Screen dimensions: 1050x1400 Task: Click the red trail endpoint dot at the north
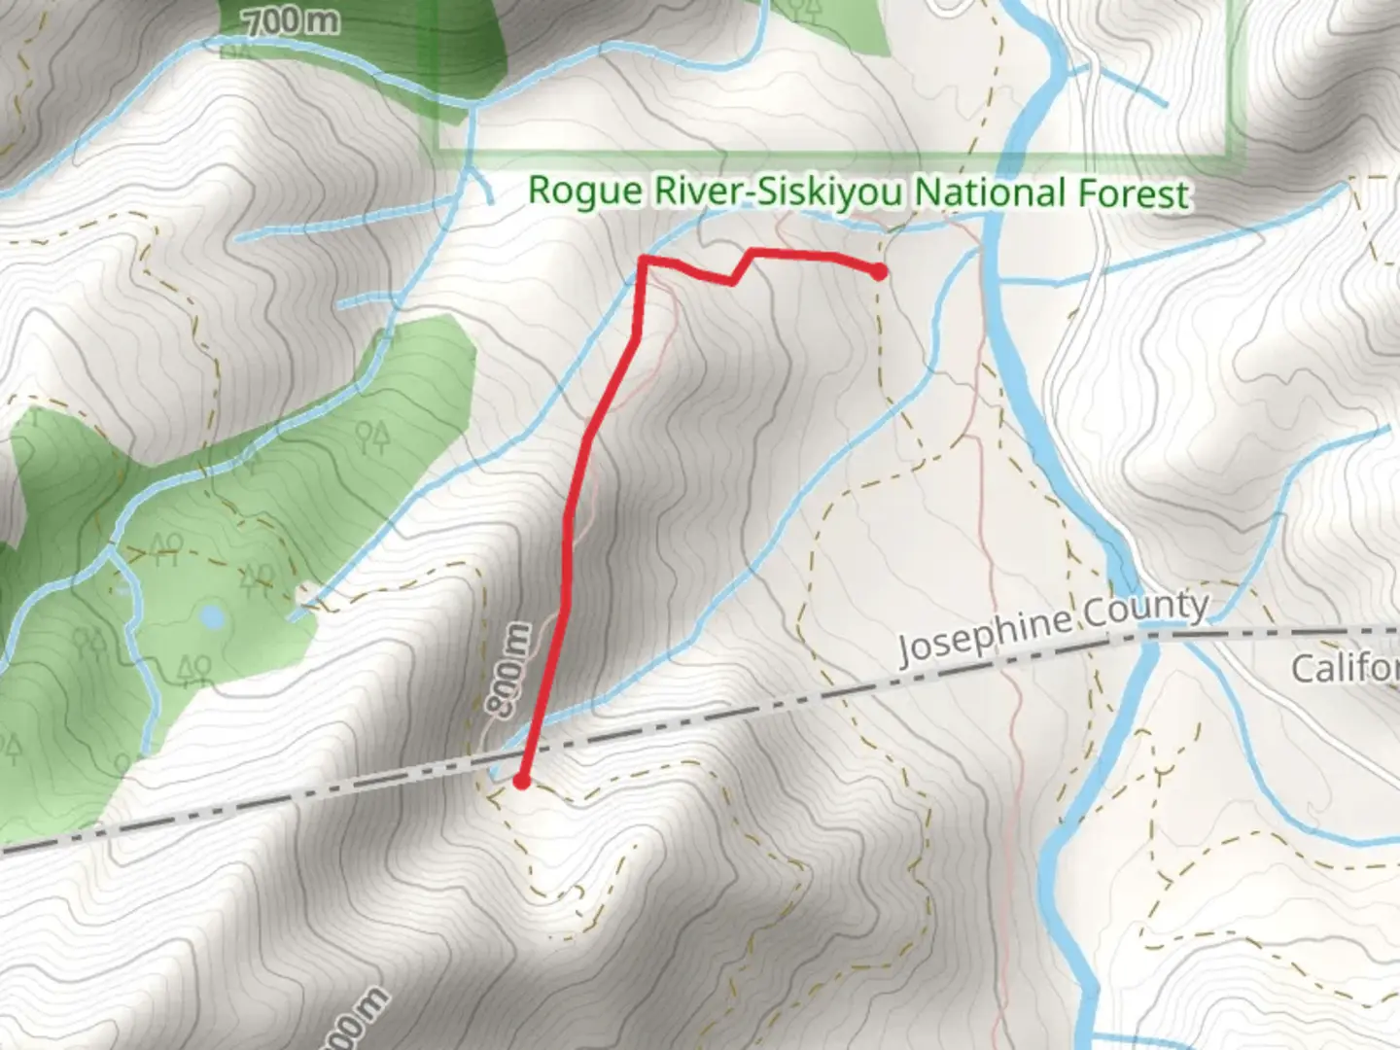(x=879, y=272)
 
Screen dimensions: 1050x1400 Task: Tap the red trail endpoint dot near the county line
(x=522, y=781)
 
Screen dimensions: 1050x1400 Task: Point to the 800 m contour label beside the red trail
(x=513, y=672)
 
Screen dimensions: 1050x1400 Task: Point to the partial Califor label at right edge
(x=1346, y=669)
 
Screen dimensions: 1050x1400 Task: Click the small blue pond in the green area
(x=211, y=618)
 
